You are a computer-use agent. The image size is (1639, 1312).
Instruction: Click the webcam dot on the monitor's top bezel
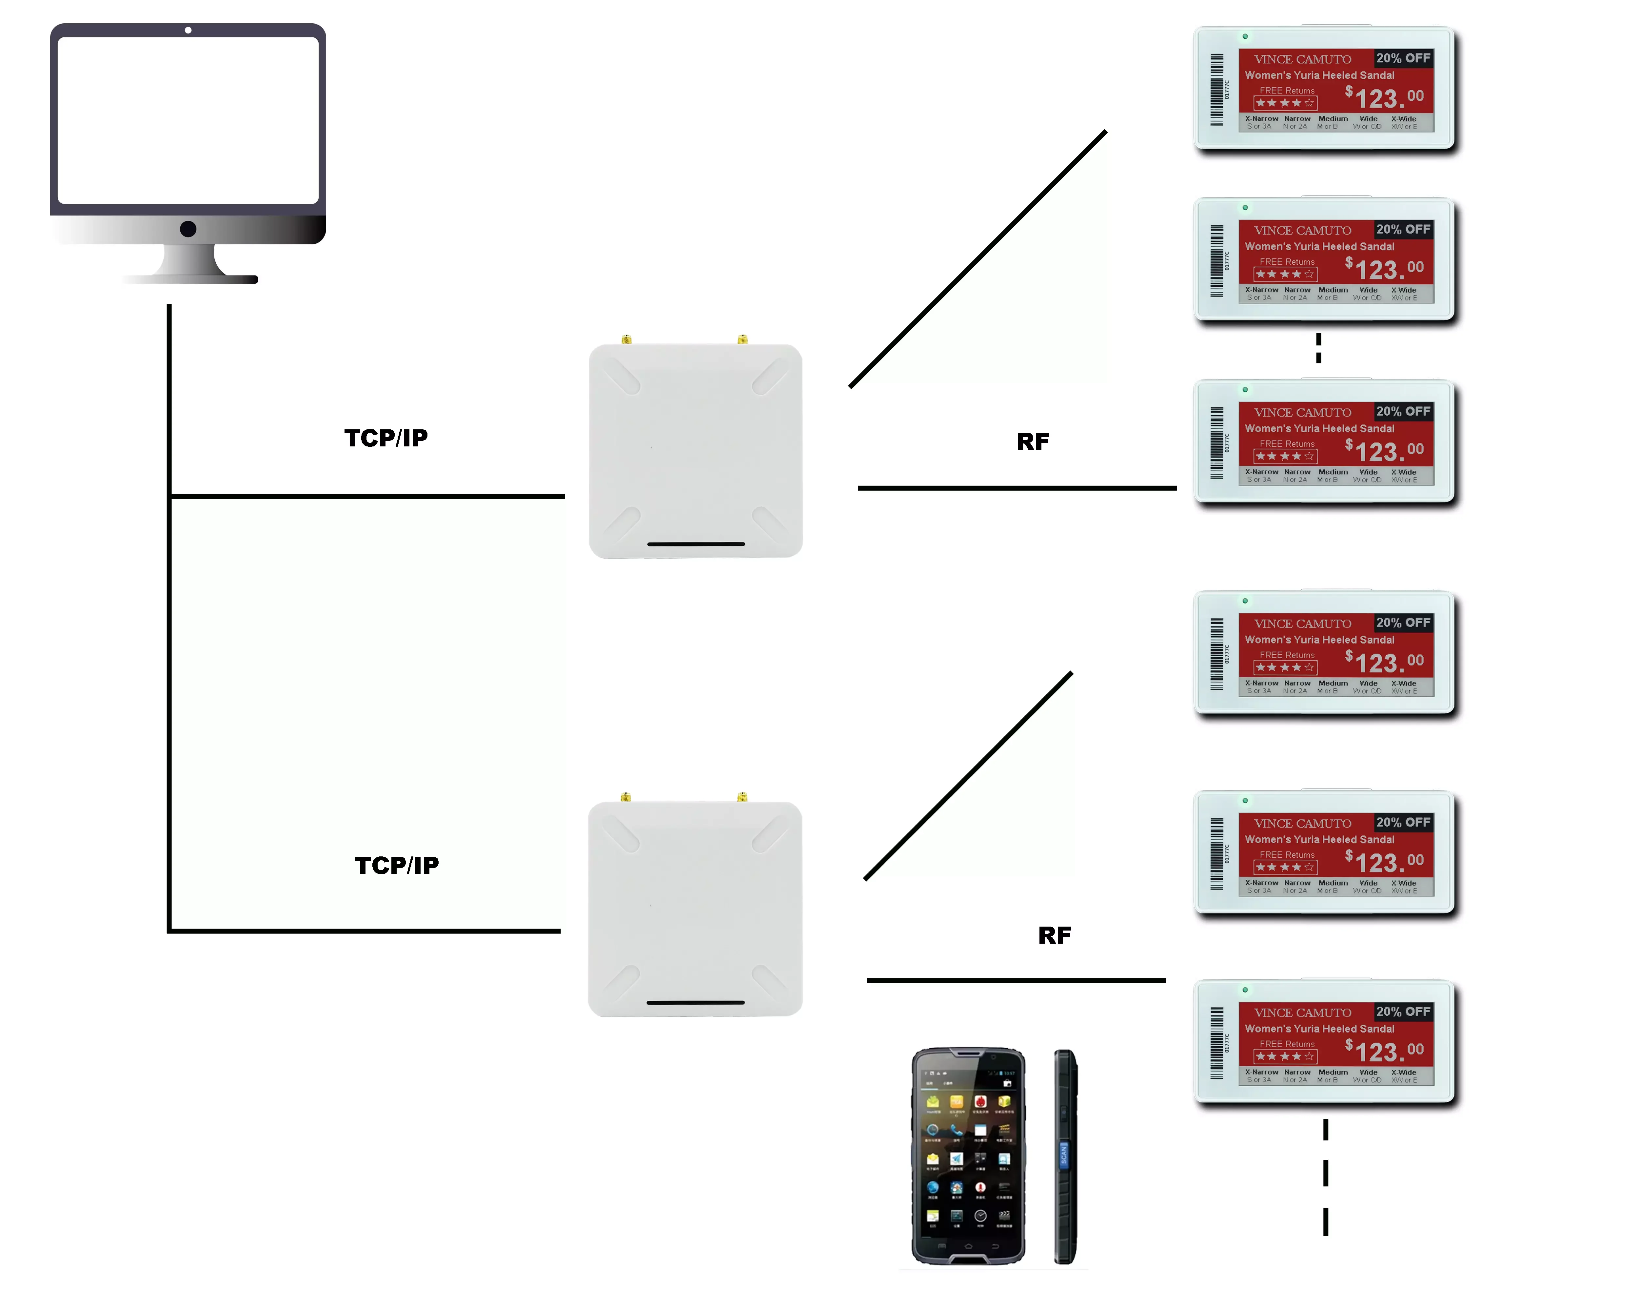188,31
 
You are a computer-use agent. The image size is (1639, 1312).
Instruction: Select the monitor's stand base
190,278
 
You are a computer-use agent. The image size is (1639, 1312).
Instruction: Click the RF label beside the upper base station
1032,442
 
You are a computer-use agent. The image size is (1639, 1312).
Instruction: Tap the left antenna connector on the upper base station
626,339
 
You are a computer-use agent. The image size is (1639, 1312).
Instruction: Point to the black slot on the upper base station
696,544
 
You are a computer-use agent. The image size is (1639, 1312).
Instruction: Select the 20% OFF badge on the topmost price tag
1403,58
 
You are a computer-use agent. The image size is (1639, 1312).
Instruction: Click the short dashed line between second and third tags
1319,348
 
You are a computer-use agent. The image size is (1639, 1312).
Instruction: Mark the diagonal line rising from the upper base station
977,259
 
